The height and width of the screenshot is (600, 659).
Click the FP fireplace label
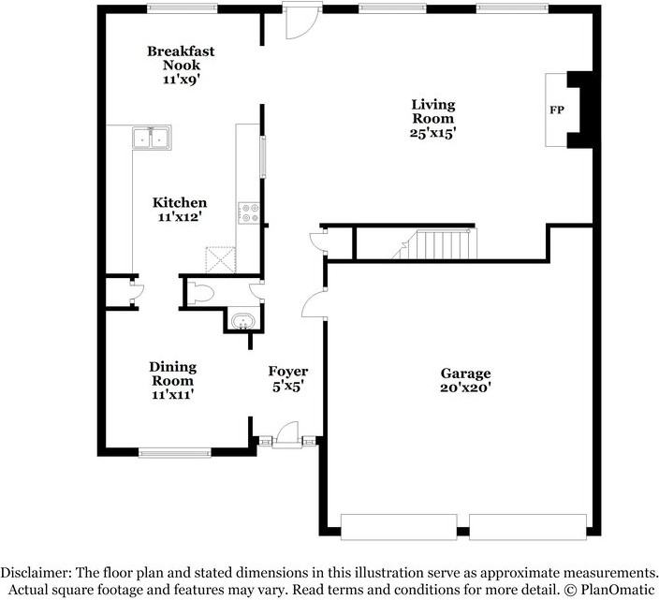click(555, 110)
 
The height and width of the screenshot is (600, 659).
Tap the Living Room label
click(433, 111)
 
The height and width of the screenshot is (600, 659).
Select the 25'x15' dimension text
click(433, 133)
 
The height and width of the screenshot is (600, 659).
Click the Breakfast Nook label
click(181, 58)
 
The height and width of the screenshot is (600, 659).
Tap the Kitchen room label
click(180, 202)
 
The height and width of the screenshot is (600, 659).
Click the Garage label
click(465, 373)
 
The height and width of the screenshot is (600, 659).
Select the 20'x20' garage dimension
click(465, 388)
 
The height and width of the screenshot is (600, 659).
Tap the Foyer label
click(287, 372)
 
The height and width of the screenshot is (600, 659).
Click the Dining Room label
click(173, 373)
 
